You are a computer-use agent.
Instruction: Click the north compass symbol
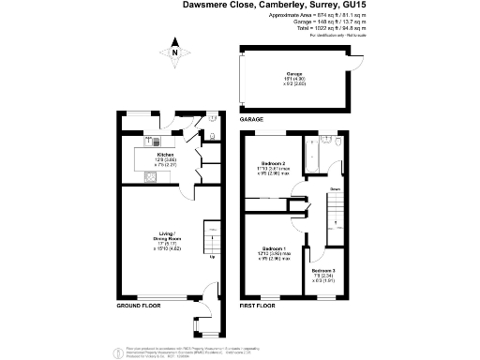click(174, 54)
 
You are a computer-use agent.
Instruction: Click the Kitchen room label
click(165, 154)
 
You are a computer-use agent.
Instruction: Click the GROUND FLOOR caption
click(138, 307)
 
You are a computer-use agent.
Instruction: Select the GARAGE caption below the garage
click(251, 120)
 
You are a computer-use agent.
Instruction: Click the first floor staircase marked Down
click(335, 215)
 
